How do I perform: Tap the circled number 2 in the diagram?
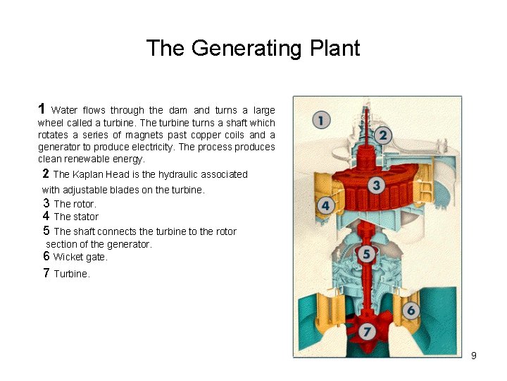click(x=383, y=134)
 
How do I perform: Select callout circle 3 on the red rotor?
click(x=376, y=185)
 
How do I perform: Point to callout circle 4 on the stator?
click(x=326, y=206)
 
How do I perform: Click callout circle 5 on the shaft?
click(x=366, y=254)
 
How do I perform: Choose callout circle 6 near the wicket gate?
click(x=411, y=310)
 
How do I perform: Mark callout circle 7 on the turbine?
click(x=366, y=330)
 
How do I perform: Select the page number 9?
click(x=474, y=356)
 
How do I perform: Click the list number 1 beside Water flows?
click(x=42, y=109)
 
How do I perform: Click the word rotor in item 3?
click(x=83, y=204)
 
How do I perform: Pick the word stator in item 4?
click(x=86, y=217)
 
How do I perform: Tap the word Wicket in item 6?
click(x=68, y=257)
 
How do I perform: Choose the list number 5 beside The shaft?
click(x=46, y=231)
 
